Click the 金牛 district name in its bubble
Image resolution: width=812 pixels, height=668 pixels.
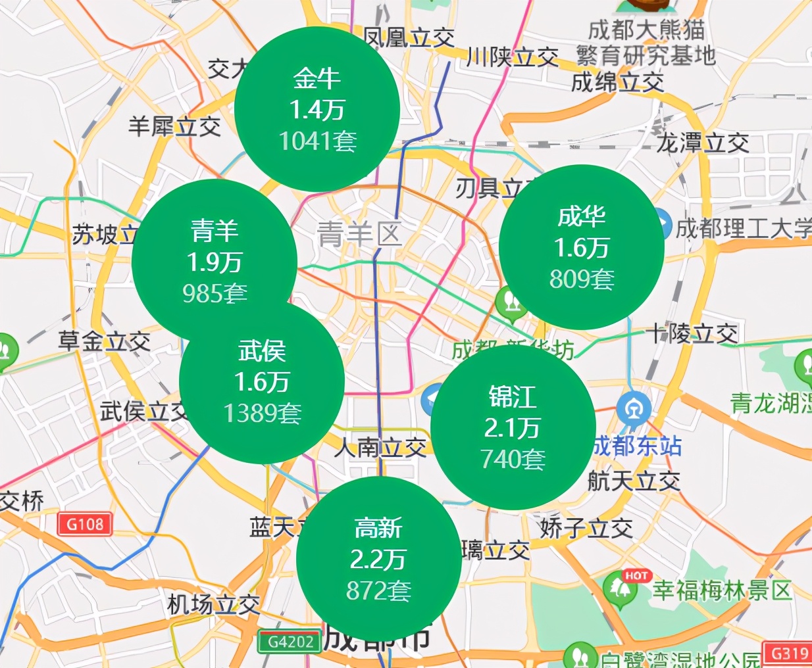[x=317, y=78]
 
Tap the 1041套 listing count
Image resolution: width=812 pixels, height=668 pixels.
[x=317, y=141]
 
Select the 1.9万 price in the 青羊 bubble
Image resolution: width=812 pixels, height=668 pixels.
[x=215, y=262]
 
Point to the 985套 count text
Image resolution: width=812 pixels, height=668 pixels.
[x=215, y=293]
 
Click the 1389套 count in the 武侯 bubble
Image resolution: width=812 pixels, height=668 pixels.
[x=262, y=413]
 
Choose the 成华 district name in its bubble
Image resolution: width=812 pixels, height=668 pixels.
[x=582, y=216]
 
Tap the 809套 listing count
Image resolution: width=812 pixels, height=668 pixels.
[x=582, y=279]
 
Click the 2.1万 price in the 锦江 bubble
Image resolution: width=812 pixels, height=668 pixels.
[x=513, y=428]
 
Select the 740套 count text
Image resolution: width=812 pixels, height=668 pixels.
[x=513, y=459]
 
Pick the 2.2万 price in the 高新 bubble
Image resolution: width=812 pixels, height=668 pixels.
[x=378, y=560]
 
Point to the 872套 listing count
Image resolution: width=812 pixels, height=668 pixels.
[x=378, y=590]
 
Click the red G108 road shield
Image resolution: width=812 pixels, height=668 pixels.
[x=86, y=524]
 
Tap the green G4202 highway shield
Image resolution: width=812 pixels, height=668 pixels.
[x=290, y=642]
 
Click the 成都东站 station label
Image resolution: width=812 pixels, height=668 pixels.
[x=637, y=446]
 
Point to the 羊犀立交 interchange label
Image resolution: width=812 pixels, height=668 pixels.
[x=174, y=126]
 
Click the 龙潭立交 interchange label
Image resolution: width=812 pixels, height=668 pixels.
[x=702, y=143]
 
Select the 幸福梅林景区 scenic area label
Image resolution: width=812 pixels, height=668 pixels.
[x=722, y=590]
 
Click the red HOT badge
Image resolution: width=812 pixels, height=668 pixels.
[x=636, y=575]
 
